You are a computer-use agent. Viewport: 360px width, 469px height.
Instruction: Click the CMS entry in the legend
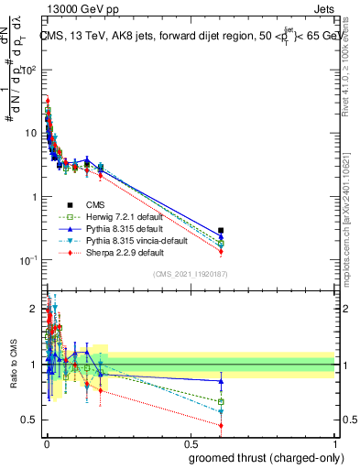coord(95,205)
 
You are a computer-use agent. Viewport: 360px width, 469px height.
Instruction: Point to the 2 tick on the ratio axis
coord(34,309)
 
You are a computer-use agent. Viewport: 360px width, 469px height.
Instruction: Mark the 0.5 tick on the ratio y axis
coord(31,420)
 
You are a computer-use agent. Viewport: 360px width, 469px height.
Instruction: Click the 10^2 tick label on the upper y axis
coord(29,70)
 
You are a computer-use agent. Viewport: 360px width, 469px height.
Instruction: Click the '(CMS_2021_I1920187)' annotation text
coord(191,274)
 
